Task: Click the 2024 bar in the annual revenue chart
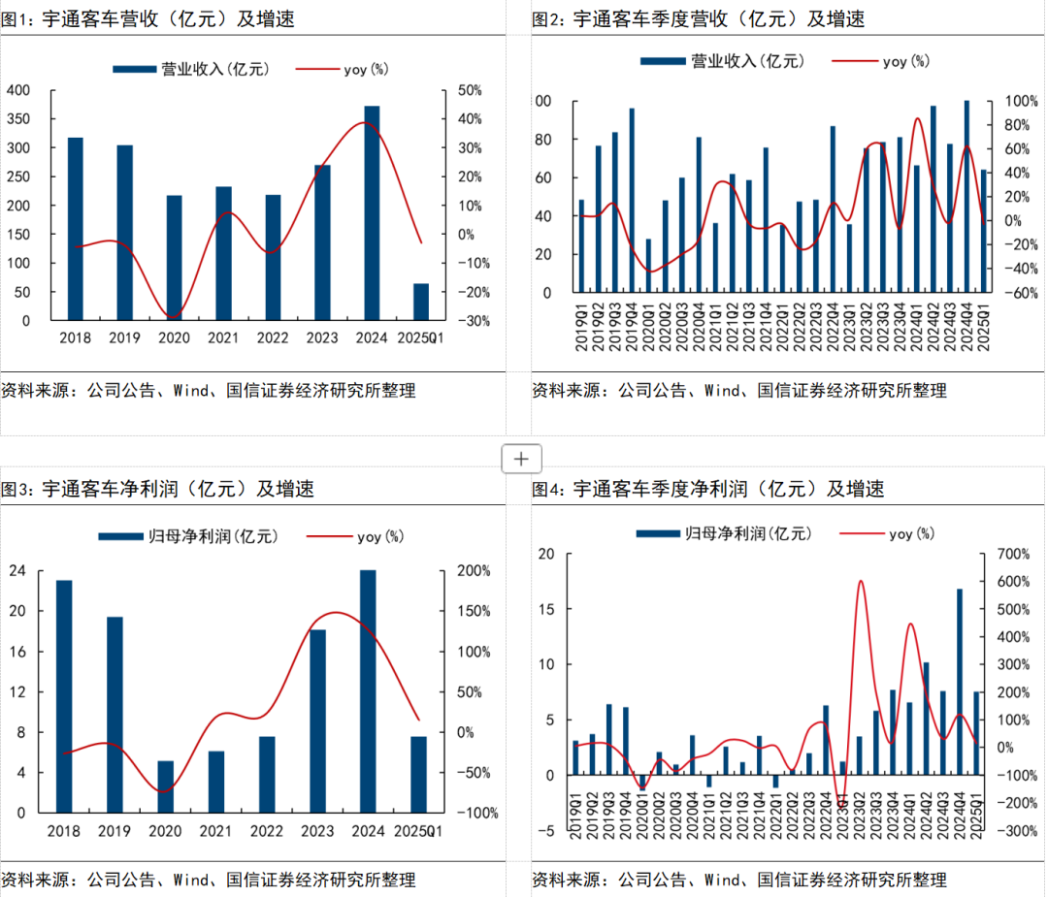point(372,213)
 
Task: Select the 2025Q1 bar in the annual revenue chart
point(421,302)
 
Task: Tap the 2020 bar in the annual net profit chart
point(165,786)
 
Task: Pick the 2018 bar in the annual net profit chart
point(64,695)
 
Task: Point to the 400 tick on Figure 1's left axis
point(18,90)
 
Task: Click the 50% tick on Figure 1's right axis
point(470,90)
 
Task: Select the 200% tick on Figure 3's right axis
point(475,570)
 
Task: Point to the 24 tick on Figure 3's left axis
point(18,570)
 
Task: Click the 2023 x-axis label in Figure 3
point(317,831)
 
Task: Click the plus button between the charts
point(521,459)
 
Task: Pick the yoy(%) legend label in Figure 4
point(911,533)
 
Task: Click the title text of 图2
point(698,18)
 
